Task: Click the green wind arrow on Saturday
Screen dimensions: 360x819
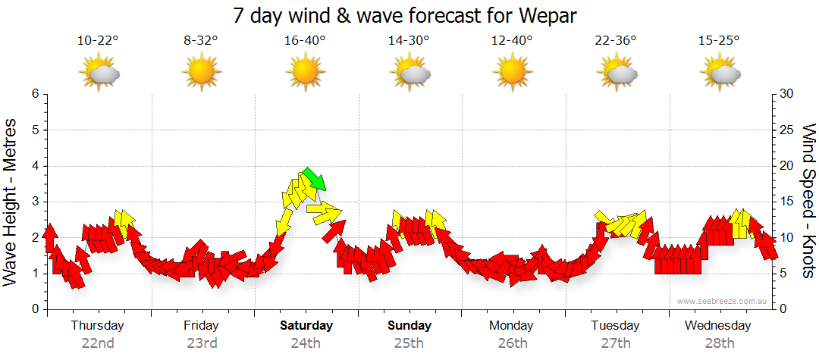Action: point(314,179)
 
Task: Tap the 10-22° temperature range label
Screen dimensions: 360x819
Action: point(98,41)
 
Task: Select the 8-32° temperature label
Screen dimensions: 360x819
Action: point(201,41)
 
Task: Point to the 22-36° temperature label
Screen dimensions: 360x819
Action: point(616,41)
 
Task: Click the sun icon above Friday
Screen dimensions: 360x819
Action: point(201,73)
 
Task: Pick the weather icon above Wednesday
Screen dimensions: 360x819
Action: point(720,73)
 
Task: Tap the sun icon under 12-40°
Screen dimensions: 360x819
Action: point(513,73)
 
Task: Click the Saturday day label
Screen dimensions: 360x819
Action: point(306,326)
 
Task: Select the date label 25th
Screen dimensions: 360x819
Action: point(409,343)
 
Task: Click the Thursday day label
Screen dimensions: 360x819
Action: point(98,326)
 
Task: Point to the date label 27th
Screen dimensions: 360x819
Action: point(616,343)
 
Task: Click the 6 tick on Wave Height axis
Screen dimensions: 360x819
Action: point(35,94)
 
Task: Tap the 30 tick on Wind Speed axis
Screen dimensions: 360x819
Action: point(786,94)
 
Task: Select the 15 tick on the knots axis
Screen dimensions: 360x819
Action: point(786,202)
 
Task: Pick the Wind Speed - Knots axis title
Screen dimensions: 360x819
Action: point(808,202)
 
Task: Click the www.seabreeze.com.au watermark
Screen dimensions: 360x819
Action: point(722,301)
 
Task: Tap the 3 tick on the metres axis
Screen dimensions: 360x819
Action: point(35,202)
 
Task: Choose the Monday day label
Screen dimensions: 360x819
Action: point(513,326)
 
